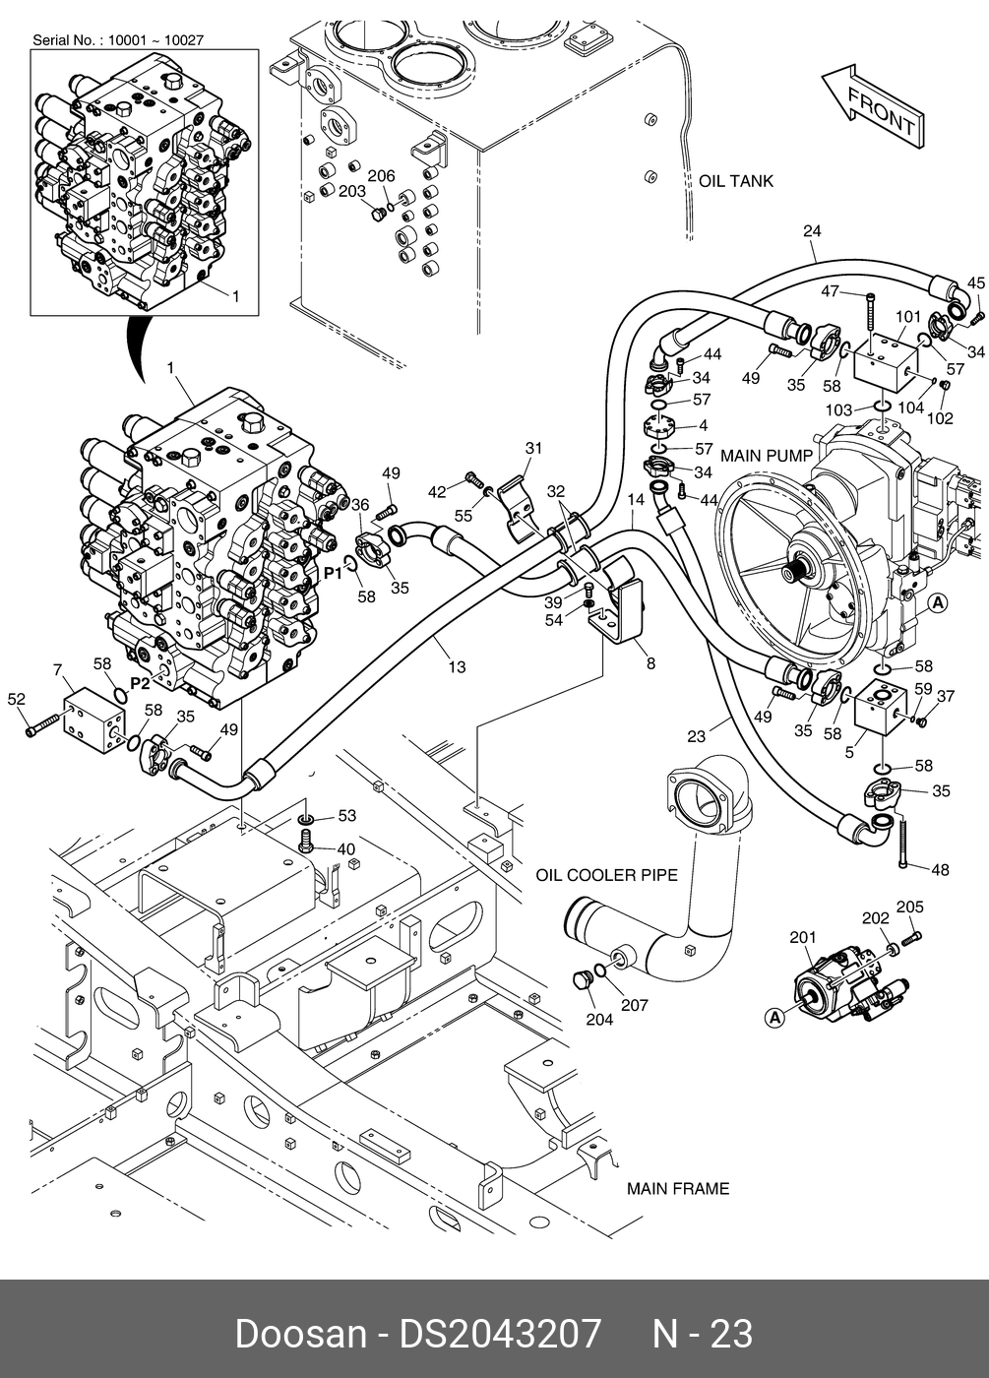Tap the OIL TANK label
[736, 181]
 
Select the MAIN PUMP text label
[767, 456]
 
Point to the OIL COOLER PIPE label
[606, 875]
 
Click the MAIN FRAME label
[678, 1189]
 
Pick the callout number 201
[803, 937]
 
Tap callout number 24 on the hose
[812, 232]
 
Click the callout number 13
[457, 667]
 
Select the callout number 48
[940, 869]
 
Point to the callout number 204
[599, 1019]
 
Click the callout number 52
[16, 699]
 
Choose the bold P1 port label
[333, 572]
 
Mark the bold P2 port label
[140, 683]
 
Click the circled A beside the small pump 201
[774, 1019]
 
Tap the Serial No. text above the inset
[118, 40]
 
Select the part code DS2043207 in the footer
[499, 1334]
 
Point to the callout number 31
[532, 448]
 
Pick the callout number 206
[381, 176]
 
